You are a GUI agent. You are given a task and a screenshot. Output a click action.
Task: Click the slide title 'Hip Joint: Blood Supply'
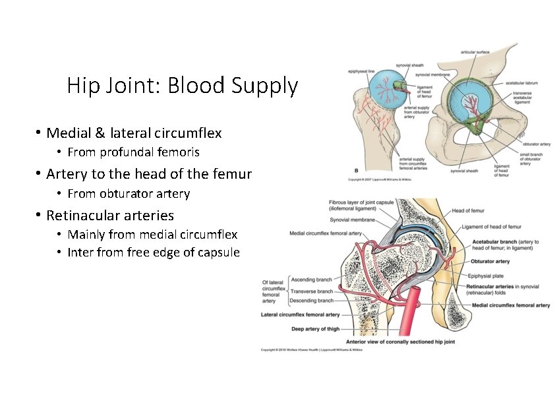pos(182,86)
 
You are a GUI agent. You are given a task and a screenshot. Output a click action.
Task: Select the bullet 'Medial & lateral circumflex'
pos(134,133)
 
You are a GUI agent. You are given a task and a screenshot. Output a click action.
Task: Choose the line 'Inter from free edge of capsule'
pos(154,253)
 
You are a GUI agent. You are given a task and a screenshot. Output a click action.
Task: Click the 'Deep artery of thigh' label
pos(316,328)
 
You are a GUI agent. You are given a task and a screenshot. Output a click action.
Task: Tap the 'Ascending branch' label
pos(311,280)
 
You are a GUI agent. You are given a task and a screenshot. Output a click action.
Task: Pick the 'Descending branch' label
pos(311,301)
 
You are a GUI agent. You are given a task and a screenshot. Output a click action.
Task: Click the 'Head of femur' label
pos(468,211)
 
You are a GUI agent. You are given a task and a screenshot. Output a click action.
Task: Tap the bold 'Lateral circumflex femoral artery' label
pos(301,315)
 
